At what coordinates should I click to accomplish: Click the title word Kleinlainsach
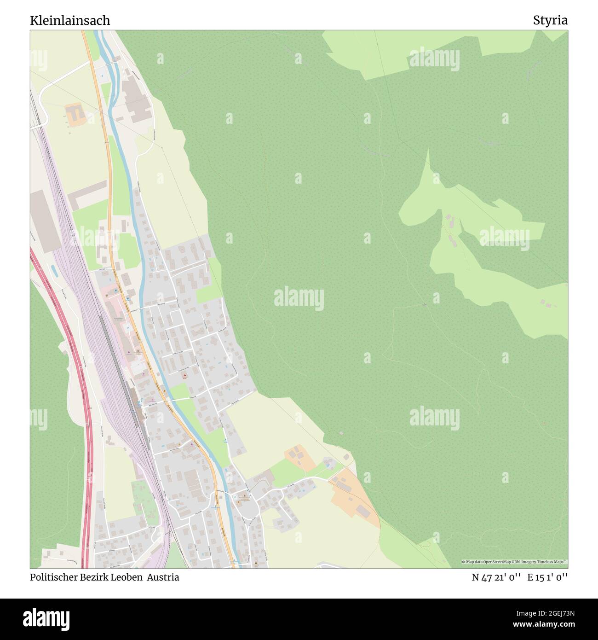[x=70, y=20]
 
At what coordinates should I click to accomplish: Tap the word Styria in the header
[x=550, y=20]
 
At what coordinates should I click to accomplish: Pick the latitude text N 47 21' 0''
[x=496, y=577]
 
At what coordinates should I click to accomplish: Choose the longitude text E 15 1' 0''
[x=547, y=577]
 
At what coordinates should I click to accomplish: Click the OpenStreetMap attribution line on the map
[x=514, y=562]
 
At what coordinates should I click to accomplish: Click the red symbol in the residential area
[x=185, y=376]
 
